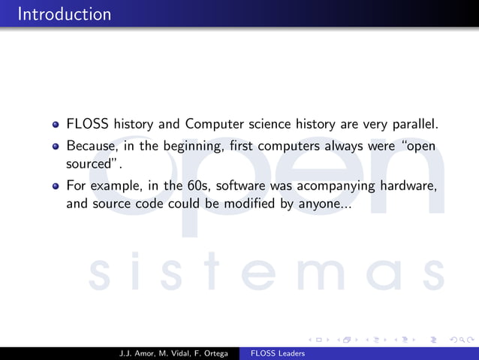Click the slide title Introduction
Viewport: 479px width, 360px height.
click(64, 14)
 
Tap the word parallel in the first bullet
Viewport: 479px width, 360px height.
click(411, 123)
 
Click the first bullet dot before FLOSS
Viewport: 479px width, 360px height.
click(56, 123)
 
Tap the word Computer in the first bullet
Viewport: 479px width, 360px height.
click(214, 123)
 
